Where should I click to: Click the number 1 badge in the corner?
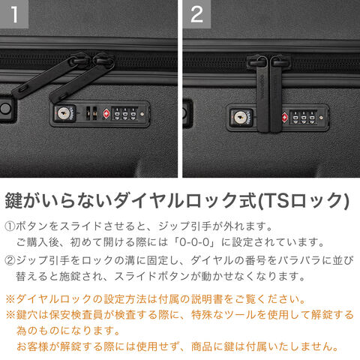coord(14,14)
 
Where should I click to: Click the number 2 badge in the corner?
coord(196,14)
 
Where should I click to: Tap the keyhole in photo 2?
coord(240,118)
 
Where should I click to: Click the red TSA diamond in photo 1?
coord(106,114)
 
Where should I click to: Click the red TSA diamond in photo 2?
coord(285,118)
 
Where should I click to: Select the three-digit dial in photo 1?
coord(124,114)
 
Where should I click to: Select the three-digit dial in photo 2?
coord(304,118)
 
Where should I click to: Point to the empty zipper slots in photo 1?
coord(91,113)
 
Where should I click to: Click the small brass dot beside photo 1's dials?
coord(142,114)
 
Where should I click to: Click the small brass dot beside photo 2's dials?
coord(321,117)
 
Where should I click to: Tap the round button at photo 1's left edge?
coord(5,108)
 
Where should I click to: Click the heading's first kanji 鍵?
coord(14,201)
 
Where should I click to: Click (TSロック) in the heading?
coord(303,201)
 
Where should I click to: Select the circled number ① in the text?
coord(10,226)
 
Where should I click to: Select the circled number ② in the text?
coord(10,260)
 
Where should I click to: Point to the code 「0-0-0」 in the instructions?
coord(195,242)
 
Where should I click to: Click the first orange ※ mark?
coord(10,299)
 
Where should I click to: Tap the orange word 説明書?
coord(207,299)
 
